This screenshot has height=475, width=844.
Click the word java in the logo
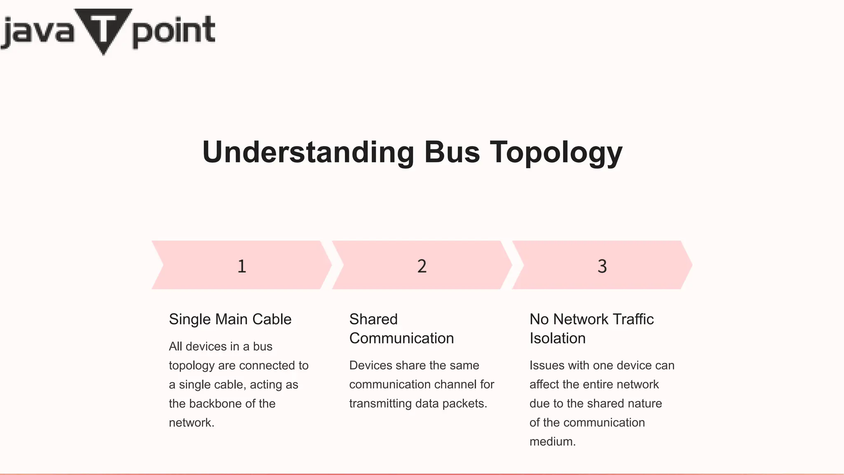tap(38, 32)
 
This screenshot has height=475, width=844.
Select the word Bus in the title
tap(452, 152)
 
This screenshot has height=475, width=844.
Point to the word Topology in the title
tap(556, 153)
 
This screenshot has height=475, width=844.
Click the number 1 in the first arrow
tap(242, 266)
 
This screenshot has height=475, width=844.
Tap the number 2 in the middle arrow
tap(422, 266)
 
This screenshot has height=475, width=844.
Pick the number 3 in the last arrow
tap(602, 266)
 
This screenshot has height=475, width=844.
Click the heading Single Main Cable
tap(230, 319)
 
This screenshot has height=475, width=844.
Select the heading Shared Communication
tap(401, 329)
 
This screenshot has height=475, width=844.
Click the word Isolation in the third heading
tap(557, 338)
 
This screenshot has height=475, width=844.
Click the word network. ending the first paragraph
tap(192, 422)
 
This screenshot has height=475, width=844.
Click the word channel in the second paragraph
tap(455, 384)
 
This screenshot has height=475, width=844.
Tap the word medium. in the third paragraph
tap(552, 441)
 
